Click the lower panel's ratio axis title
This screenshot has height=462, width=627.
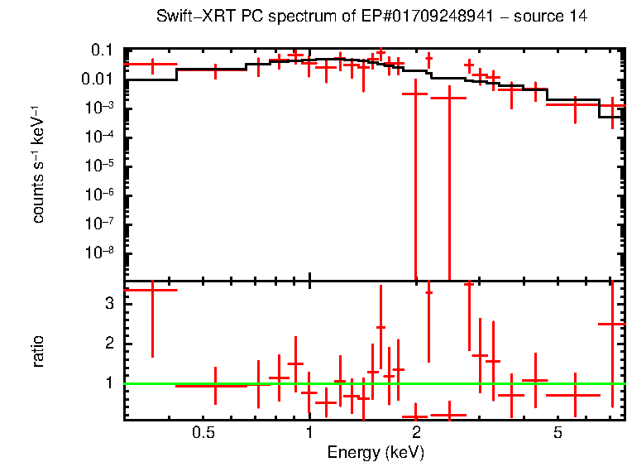point(38,351)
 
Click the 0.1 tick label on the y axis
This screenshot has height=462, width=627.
point(102,51)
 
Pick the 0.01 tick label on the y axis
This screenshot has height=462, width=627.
point(98,79)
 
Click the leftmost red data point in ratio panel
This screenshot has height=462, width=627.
point(152,290)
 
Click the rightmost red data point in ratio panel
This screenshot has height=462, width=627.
point(612,324)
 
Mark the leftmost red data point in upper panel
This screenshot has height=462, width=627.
point(152,64)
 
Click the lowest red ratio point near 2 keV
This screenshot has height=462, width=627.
point(415,416)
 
